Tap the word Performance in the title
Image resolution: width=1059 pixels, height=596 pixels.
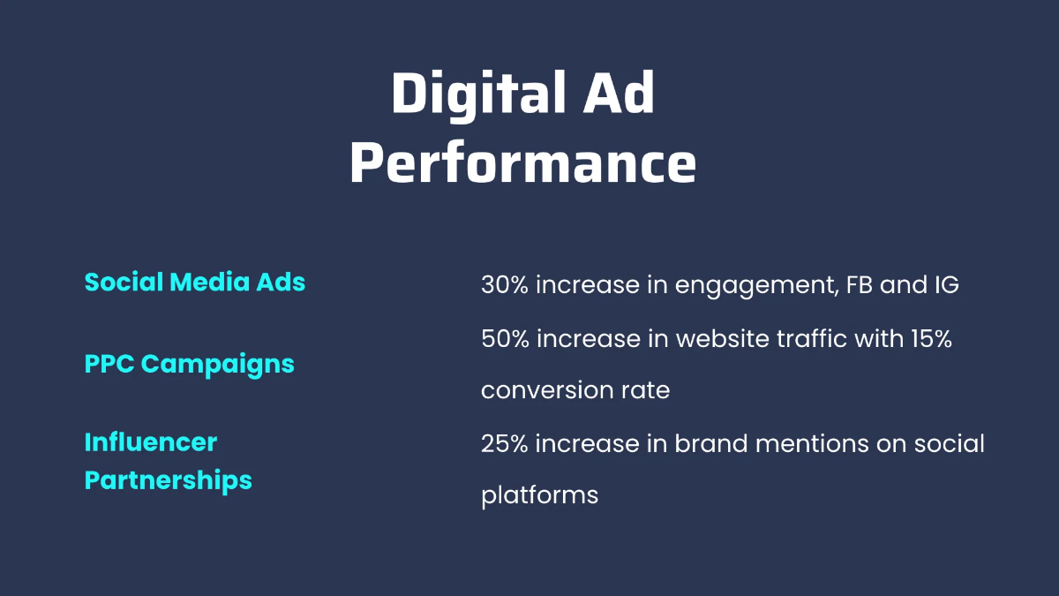[x=522, y=162]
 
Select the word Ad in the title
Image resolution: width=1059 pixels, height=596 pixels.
[x=623, y=94]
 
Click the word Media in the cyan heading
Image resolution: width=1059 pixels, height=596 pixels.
[x=204, y=283]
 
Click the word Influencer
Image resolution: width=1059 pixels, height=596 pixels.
[x=150, y=441]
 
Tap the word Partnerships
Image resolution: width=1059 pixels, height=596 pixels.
[x=168, y=480]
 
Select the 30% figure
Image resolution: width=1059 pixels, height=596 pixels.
[x=504, y=285]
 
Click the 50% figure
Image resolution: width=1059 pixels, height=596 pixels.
[x=504, y=338]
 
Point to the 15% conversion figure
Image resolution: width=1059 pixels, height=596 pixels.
[x=930, y=338]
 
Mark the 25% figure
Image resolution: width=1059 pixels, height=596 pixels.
[x=504, y=442]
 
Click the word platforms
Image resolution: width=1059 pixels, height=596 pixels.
[x=539, y=495]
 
